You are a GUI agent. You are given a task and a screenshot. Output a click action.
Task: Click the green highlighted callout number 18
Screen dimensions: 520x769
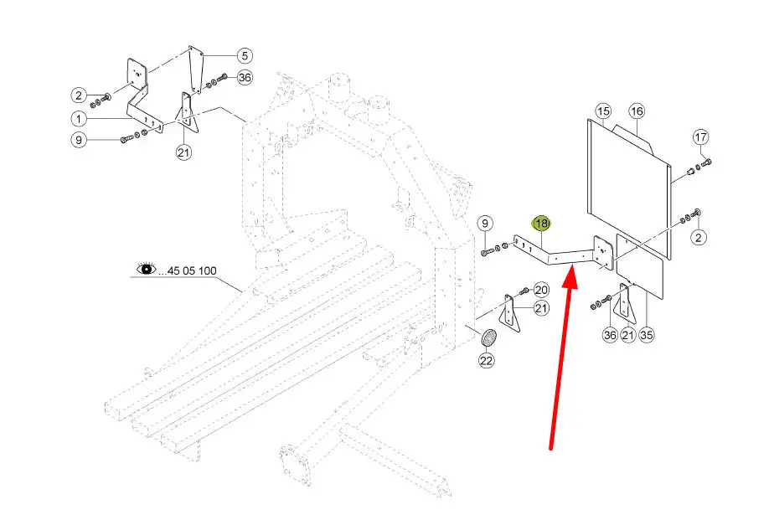click(542, 224)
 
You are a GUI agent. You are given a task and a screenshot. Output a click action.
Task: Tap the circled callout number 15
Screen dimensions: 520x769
click(603, 111)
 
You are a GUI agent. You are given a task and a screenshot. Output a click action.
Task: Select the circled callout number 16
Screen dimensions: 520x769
click(637, 111)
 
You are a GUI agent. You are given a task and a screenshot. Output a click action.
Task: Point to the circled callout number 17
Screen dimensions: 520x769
click(700, 137)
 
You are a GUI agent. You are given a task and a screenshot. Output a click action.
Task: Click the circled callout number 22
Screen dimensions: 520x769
click(487, 361)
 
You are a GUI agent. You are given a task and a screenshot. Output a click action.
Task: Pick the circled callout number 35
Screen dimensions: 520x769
click(646, 336)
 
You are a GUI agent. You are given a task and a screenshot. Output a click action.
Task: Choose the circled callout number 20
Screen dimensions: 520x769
click(541, 290)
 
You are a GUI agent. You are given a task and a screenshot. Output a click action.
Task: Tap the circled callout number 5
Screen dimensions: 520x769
click(243, 56)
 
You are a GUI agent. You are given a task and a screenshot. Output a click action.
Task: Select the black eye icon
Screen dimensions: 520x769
click(147, 270)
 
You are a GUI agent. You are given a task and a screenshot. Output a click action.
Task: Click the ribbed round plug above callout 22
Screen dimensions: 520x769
click(488, 339)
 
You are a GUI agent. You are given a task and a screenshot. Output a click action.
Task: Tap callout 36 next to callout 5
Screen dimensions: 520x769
click(245, 78)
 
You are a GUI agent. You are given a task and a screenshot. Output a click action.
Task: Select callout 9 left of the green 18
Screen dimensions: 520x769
click(485, 224)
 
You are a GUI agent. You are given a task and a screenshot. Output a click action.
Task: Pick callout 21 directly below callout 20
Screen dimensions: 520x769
click(541, 309)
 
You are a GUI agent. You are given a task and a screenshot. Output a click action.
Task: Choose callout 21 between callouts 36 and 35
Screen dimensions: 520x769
click(627, 336)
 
